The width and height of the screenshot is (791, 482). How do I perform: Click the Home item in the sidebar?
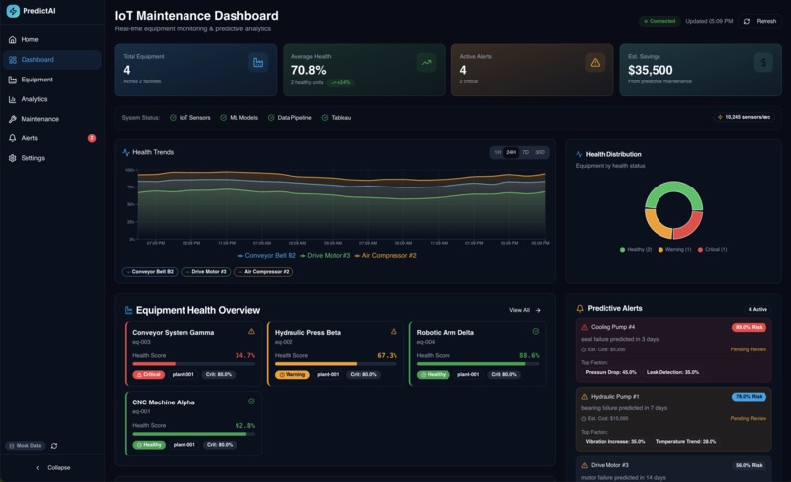29,39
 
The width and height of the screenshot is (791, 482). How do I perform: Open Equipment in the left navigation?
36,80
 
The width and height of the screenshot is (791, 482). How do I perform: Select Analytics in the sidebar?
33,99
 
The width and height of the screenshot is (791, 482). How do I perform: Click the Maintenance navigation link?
39,119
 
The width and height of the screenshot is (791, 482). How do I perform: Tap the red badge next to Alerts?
92,138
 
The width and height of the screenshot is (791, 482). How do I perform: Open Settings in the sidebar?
32,158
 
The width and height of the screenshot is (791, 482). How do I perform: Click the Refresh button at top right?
761,21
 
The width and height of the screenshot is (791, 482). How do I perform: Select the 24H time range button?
511,152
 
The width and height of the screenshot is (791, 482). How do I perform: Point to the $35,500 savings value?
650,70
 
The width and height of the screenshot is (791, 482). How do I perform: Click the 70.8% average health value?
308,70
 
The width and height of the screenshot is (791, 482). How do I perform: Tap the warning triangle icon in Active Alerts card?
594,63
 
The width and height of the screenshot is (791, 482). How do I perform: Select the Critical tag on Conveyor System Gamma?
148,374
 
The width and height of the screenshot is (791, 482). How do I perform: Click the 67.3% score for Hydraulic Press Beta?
387,356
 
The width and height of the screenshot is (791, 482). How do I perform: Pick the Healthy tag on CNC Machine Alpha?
149,444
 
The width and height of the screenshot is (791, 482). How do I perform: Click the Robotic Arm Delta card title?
445,332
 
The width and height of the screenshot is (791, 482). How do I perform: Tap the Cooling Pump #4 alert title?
612,327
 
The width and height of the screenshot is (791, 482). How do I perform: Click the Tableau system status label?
341,117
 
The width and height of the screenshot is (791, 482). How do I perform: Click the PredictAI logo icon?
13,12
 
